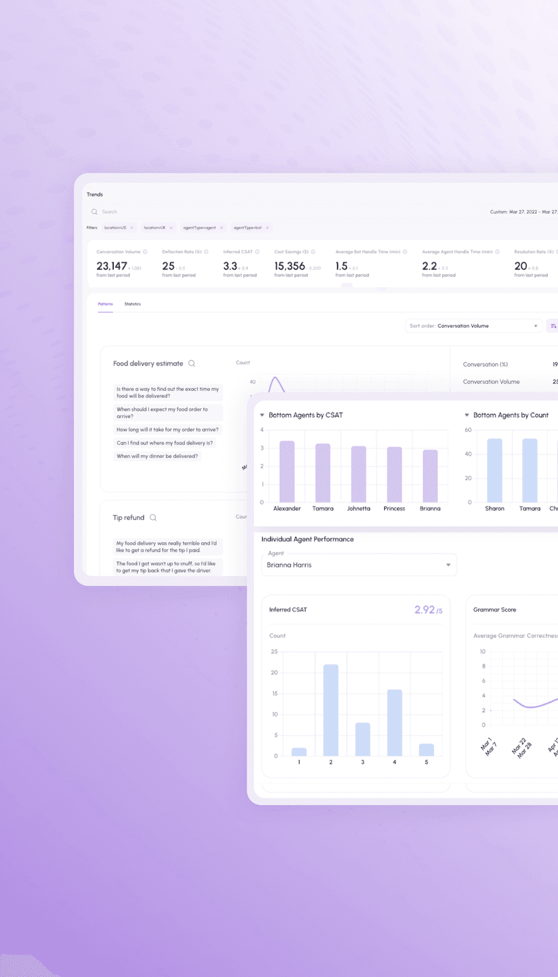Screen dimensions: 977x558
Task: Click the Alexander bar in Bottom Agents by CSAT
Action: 287,471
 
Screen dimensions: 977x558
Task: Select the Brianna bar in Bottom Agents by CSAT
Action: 430,476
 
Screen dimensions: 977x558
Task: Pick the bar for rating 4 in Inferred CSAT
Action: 394,722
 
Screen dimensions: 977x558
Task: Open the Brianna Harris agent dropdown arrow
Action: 448,565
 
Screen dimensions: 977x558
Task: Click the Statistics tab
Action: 133,304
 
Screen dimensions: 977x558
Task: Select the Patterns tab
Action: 105,304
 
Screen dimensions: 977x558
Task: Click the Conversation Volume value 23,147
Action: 112,266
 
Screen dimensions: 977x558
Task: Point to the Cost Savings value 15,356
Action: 290,266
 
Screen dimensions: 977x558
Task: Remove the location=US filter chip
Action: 132,228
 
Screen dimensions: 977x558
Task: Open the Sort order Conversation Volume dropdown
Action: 474,326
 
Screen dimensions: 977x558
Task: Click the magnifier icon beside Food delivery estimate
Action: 192,363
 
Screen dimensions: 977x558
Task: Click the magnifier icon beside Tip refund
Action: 153,518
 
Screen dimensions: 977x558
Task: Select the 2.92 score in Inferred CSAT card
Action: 425,610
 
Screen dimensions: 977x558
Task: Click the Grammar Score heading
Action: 495,610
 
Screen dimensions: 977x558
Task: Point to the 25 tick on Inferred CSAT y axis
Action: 274,651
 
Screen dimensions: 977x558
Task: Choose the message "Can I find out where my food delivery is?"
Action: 164,443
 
